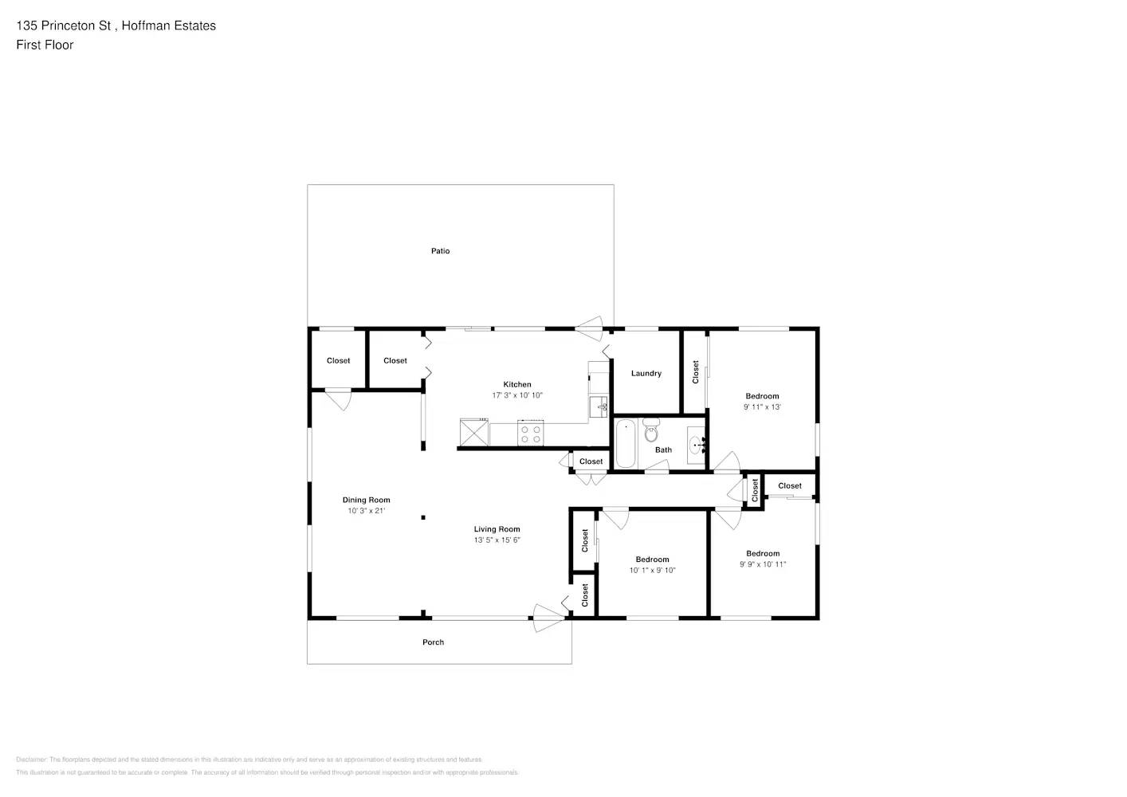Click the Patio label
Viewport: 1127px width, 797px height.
point(440,251)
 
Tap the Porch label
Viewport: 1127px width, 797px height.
point(433,642)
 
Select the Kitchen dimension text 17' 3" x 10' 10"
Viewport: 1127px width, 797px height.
point(516,395)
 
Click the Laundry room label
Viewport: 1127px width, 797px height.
point(646,373)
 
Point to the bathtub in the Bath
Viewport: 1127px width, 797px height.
point(625,443)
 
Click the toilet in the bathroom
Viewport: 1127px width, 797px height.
point(651,430)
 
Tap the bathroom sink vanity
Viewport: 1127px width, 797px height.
point(696,445)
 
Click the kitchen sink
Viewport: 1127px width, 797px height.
point(598,406)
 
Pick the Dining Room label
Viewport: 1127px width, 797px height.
point(366,501)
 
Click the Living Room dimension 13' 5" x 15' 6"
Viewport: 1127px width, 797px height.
point(497,540)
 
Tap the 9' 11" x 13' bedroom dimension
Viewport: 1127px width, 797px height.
point(762,407)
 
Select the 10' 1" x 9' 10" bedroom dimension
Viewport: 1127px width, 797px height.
point(652,571)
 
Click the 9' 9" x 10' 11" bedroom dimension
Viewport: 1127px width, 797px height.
point(762,564)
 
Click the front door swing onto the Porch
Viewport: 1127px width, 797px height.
point(548,618)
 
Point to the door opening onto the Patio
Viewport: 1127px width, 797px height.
point(589,328)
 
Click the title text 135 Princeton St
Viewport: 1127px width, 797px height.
point(64,26)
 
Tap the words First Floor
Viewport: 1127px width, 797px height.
point(45,45)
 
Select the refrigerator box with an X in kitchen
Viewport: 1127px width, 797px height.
point(474,433)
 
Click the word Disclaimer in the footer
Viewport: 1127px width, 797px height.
point(31,760)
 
